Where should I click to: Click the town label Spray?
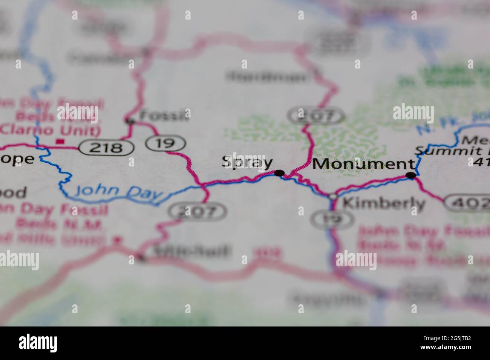247,162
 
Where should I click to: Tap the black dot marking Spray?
279,173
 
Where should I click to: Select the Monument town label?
363,164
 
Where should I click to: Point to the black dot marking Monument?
411,175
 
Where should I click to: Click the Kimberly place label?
384,204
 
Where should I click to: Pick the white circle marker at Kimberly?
333,197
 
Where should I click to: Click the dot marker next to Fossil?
130,121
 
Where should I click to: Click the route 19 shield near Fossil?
166,143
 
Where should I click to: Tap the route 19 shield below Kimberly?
332,219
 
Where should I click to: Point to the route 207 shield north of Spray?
316,116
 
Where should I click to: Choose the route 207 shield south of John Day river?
198,212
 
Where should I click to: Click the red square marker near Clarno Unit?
59,142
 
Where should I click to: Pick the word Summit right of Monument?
437,151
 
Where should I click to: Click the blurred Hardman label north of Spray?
268,76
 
